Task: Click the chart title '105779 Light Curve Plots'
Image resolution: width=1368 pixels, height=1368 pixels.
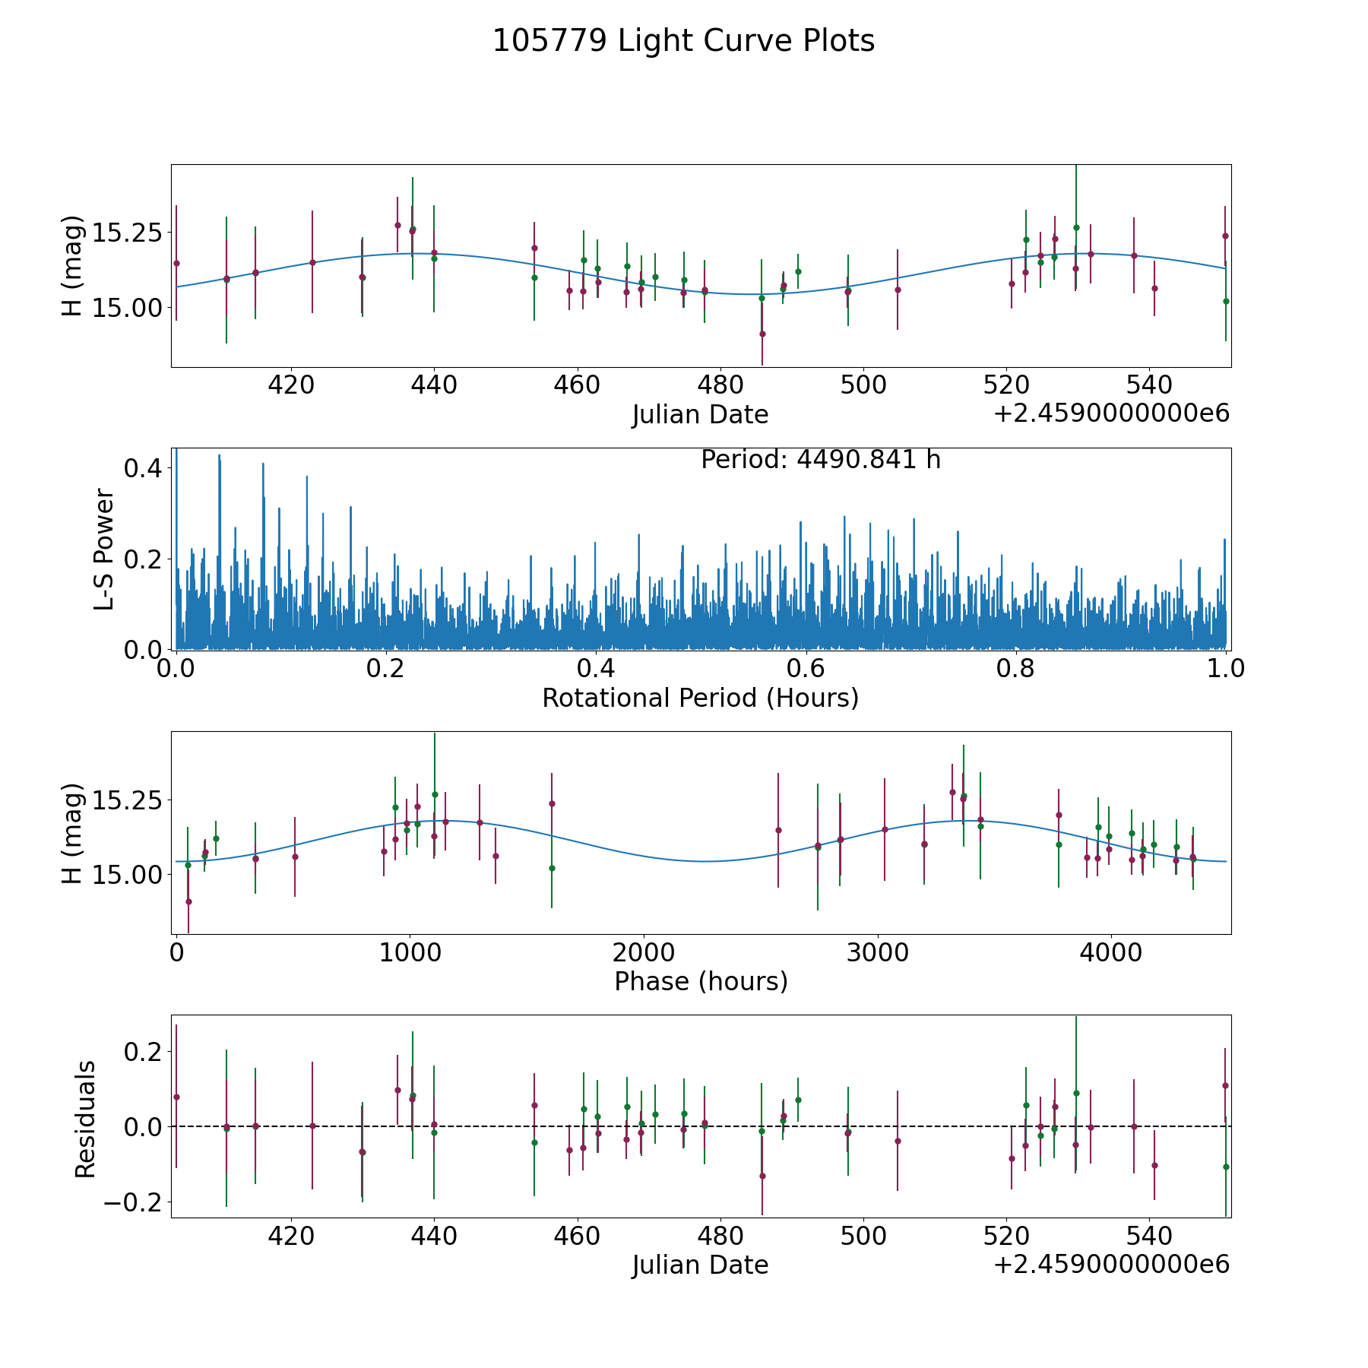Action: [683, 41]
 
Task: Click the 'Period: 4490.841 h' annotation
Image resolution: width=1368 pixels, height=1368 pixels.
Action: [820, 460]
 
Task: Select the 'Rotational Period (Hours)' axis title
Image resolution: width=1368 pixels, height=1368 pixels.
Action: [700, 698]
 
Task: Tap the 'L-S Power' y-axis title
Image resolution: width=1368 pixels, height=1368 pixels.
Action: [104, 549]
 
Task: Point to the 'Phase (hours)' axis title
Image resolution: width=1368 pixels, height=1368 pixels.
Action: [700, 981]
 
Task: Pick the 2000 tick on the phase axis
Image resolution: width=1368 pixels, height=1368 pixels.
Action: [644, 953]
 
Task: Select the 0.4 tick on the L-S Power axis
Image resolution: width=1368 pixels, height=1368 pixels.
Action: [143, 468]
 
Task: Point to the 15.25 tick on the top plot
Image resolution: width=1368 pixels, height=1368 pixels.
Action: [127, 232]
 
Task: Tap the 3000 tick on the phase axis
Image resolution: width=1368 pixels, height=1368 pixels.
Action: [878, 953]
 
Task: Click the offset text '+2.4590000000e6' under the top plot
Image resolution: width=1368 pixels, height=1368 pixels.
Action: [1111, 414]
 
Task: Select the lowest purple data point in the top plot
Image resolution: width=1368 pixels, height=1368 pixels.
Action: [762, 334]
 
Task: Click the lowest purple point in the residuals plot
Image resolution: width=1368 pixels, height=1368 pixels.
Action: [762, 1176]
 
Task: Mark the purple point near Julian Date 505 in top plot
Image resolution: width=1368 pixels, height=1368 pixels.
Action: [898, 290]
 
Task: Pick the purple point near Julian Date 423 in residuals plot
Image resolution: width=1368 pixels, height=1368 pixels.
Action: [312, 1126]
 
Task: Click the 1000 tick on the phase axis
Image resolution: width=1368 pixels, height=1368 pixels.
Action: [410, 953]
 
